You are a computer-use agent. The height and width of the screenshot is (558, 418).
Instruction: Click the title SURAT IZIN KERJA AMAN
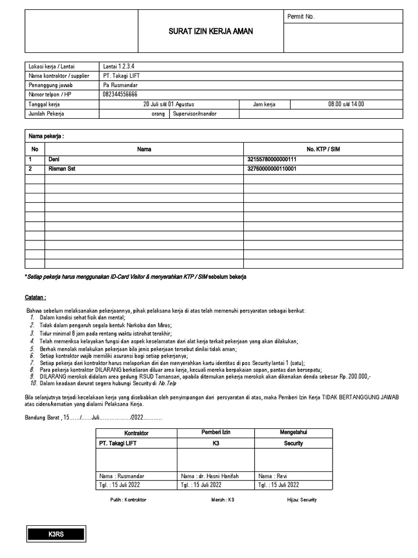tap(210, 31)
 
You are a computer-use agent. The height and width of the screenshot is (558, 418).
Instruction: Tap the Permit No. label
tap(300, 17)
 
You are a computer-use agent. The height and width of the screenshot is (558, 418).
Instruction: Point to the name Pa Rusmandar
tap(120, 86)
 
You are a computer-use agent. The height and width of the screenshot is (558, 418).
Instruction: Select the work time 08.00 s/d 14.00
tap(346, 104)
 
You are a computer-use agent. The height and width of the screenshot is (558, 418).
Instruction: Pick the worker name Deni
tap(54, 159)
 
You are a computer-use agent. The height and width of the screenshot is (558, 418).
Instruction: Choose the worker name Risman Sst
tap(62, 169)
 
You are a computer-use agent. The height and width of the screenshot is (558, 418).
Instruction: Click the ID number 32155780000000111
tap(273, 159)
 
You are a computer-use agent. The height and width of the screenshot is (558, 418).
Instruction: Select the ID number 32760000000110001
tap(273, 169)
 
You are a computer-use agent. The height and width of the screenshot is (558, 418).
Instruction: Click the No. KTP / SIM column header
tap(323, 149)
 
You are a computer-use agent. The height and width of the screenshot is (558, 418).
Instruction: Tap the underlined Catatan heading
tap(35, 298)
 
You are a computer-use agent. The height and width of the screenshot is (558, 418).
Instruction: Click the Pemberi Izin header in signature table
tap(216, 432)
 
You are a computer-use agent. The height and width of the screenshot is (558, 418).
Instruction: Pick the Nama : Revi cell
tap(272, 476)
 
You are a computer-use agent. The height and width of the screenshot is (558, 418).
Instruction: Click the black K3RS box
tap(57, 535)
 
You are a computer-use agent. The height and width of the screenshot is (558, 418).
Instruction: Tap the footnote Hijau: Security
tap(302, 500)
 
